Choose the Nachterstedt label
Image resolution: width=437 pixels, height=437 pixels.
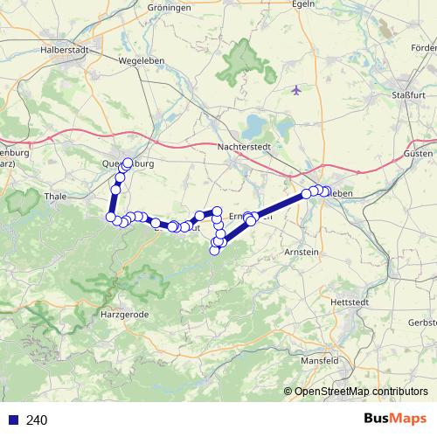[246, 147]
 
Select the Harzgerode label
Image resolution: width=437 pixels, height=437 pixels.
[128, 312]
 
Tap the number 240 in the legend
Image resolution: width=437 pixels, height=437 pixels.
[36, 420]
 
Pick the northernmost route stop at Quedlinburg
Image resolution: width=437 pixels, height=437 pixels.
[128, 163]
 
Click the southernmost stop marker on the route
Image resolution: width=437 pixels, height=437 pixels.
[214, 252]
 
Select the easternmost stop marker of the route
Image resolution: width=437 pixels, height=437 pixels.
[326, 191]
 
